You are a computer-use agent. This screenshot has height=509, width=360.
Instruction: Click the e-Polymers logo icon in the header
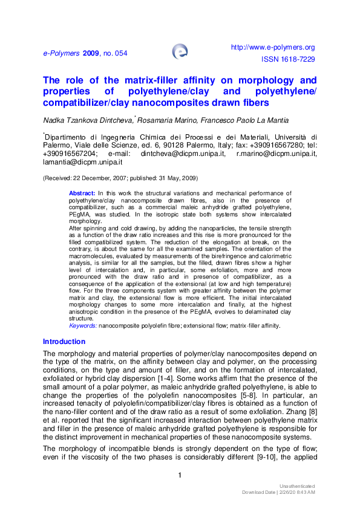point(180,51)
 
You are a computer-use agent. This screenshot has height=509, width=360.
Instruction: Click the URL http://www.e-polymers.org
point(273,47)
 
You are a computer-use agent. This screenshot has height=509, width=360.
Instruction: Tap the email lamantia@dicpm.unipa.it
point(83,163)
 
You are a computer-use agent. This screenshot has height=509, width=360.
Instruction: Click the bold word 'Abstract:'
point(82,193)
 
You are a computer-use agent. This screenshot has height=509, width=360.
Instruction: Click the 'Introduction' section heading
point(64,342)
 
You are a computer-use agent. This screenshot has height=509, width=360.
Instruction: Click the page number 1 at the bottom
point(180,476)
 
